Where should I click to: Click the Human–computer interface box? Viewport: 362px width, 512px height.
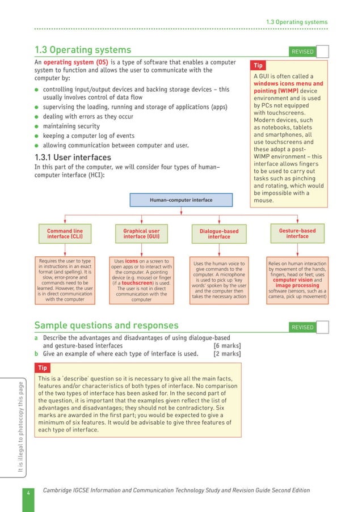pos(181,200)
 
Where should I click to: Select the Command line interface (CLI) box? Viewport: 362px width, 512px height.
pos(64,234)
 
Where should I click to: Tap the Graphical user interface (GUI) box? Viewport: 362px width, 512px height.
pos(141,234)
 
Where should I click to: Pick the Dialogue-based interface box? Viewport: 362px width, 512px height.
pos(219,234)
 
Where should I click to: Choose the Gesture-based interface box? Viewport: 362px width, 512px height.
pos(297,234)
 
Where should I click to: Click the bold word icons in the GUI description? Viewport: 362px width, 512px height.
pos(132,261)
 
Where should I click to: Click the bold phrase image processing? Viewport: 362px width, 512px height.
pos(297,286)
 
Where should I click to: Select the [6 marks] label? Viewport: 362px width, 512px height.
pos(226,346)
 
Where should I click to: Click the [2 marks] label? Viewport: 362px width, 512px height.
pos(226,354)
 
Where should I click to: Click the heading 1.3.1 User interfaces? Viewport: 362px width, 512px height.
pos(73,158)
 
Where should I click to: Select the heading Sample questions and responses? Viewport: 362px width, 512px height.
pos(106,325)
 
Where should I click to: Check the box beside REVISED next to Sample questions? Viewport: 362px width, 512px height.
pos(322,327)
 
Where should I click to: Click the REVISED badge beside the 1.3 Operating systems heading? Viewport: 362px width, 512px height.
pos(302,52)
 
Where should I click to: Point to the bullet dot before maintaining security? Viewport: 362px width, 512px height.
pos(37,126)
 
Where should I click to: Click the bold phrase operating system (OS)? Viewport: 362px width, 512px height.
pos(76,62)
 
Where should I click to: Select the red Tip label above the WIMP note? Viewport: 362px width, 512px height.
pos(258,65)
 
